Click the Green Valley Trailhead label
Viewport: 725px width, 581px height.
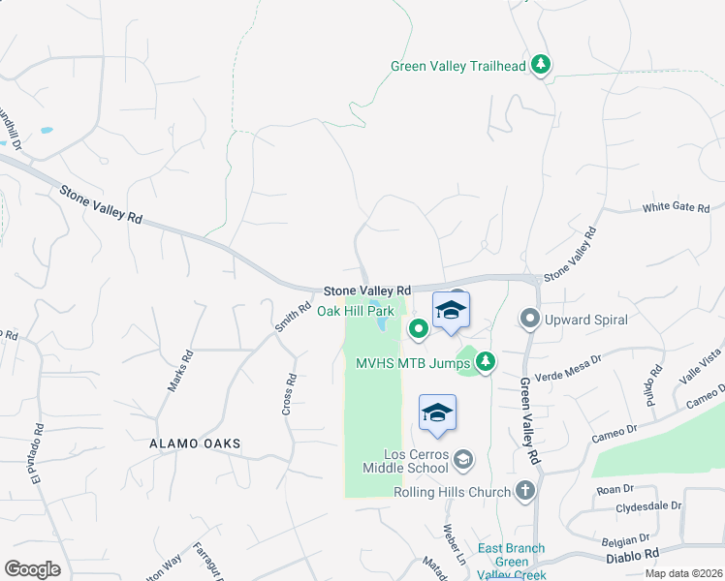coord(457,67)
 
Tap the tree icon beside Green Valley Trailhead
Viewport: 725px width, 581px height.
coord(541,66)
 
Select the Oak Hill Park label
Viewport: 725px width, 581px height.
coord(359,312)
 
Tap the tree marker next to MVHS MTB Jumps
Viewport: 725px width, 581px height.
coord(486,362)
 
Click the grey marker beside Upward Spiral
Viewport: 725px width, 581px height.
coord(530,318)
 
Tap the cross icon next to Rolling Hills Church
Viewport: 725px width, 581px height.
coord(525,492)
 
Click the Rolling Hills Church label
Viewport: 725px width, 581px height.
coord(452,493)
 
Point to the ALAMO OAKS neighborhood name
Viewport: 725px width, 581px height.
coord(194,443)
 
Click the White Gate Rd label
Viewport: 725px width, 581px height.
coord(677,208)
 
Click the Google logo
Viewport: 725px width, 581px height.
coord(32,569)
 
